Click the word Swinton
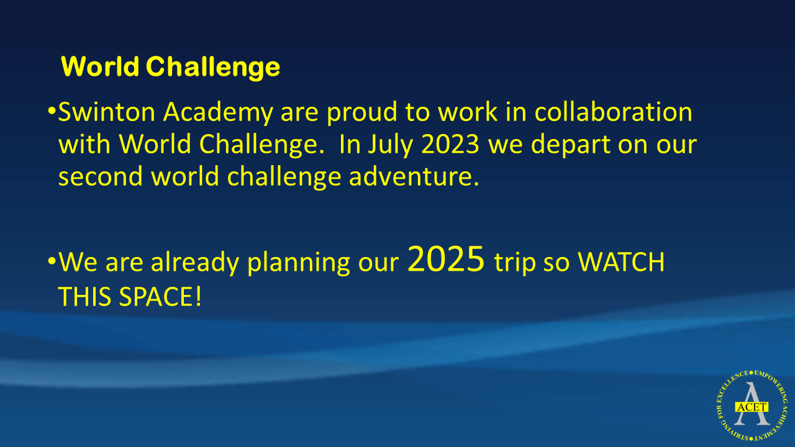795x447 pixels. [x=107, y=112]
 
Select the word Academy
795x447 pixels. [x=218, y=114]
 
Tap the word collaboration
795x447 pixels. [x=613, y=112]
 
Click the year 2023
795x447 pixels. [x=450, y=144]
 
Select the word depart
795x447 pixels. [x=571, y=145]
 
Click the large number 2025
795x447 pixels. [x=446, y=259]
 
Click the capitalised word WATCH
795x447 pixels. [x=622, y=262]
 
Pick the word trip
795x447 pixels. [x=515, y=263]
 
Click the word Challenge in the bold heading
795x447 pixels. [x=213, y=68]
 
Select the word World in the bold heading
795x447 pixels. [x=100, y=66]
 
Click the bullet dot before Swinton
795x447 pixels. [x=52, y=111]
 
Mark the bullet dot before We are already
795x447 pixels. [x=52, y=261]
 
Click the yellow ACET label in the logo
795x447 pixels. [x=752, y=407]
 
